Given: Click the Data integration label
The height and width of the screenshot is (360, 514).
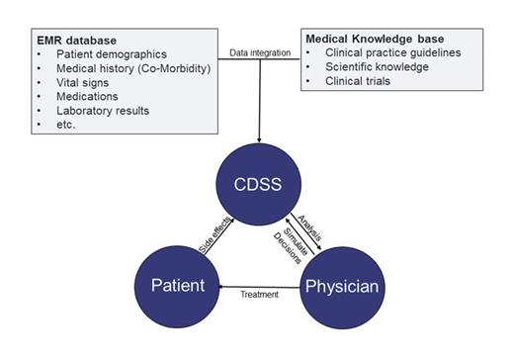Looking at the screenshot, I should [x=258, y=51].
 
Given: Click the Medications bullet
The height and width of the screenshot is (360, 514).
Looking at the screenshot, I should [x=89, y=98].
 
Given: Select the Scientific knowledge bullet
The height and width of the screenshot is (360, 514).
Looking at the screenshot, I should [x=381, y=66].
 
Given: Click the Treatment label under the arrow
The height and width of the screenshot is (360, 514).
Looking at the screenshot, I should [x=259, y=294].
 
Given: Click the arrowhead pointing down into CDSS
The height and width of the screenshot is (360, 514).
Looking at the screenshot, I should [x=259, y=138].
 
